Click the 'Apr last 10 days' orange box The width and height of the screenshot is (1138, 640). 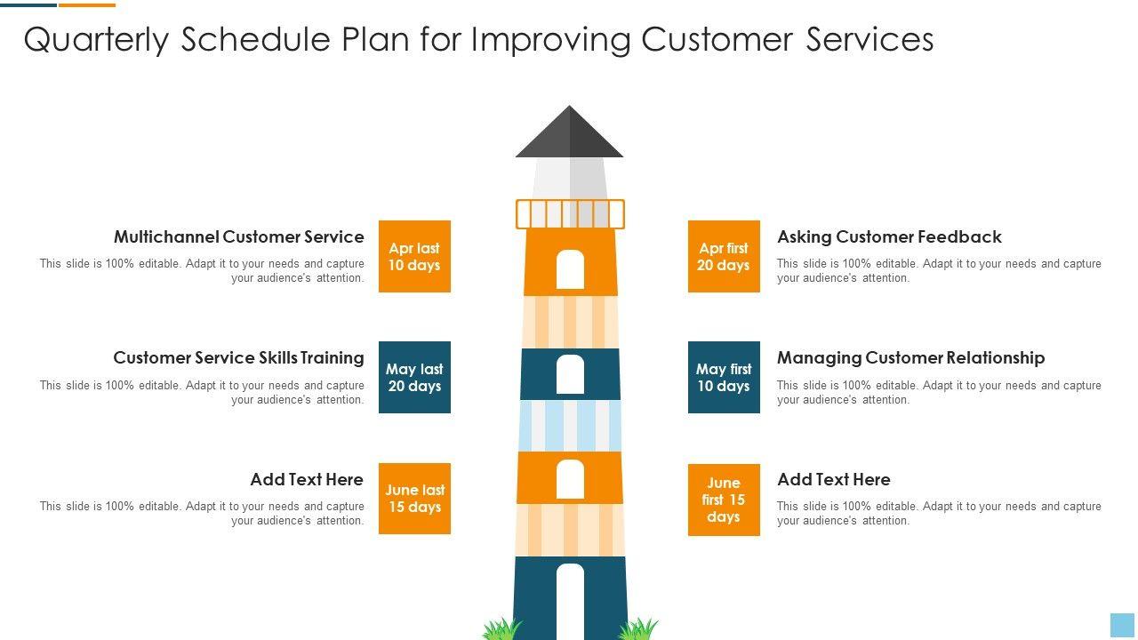(414, 256)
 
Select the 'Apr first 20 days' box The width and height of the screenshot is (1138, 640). (724, 256)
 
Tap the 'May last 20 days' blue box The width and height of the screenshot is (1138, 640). (414, 377)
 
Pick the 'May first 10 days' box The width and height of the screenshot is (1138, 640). (724, 377)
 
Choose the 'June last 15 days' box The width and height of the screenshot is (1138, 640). (414, 499)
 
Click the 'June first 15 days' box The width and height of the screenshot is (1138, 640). (724, 500)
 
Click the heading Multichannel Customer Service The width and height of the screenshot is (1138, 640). (238, 236)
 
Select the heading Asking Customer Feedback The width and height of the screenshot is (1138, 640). (889, 236)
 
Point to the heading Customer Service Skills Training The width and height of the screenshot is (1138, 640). (238, 357)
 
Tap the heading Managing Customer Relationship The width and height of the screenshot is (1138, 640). (910, 357)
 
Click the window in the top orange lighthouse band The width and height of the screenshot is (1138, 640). (570, 269)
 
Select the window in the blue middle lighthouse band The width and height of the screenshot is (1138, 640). (570, 374)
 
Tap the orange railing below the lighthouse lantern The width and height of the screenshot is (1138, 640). (570, 214)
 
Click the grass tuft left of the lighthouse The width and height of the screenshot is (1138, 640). (501, 629)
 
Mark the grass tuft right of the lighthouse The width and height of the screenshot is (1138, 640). (637, 629)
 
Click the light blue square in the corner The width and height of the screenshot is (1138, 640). (1122, 624)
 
